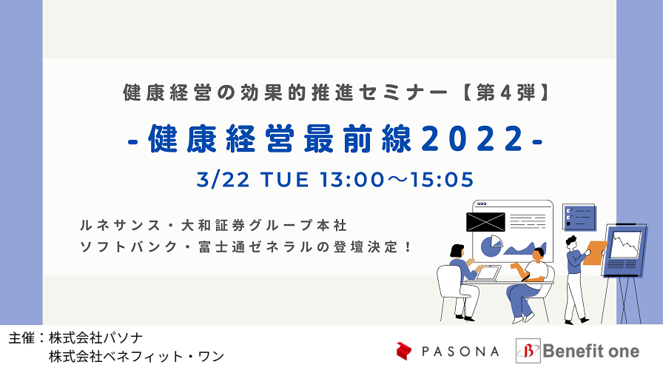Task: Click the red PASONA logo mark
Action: [404, 351]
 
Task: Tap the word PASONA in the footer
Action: [460, 352]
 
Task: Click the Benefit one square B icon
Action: [528, 351]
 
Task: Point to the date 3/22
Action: [223, 180]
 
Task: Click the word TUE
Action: [285, 180]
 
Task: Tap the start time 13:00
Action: [351, 180]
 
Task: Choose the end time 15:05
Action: [442, 180]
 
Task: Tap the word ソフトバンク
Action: [129, 247]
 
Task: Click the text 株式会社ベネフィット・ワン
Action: [136, 357]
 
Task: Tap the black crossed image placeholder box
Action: [485, 222]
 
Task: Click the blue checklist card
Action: [579, 218]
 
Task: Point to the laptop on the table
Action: [488, 273]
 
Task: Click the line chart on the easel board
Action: [625, 245]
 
